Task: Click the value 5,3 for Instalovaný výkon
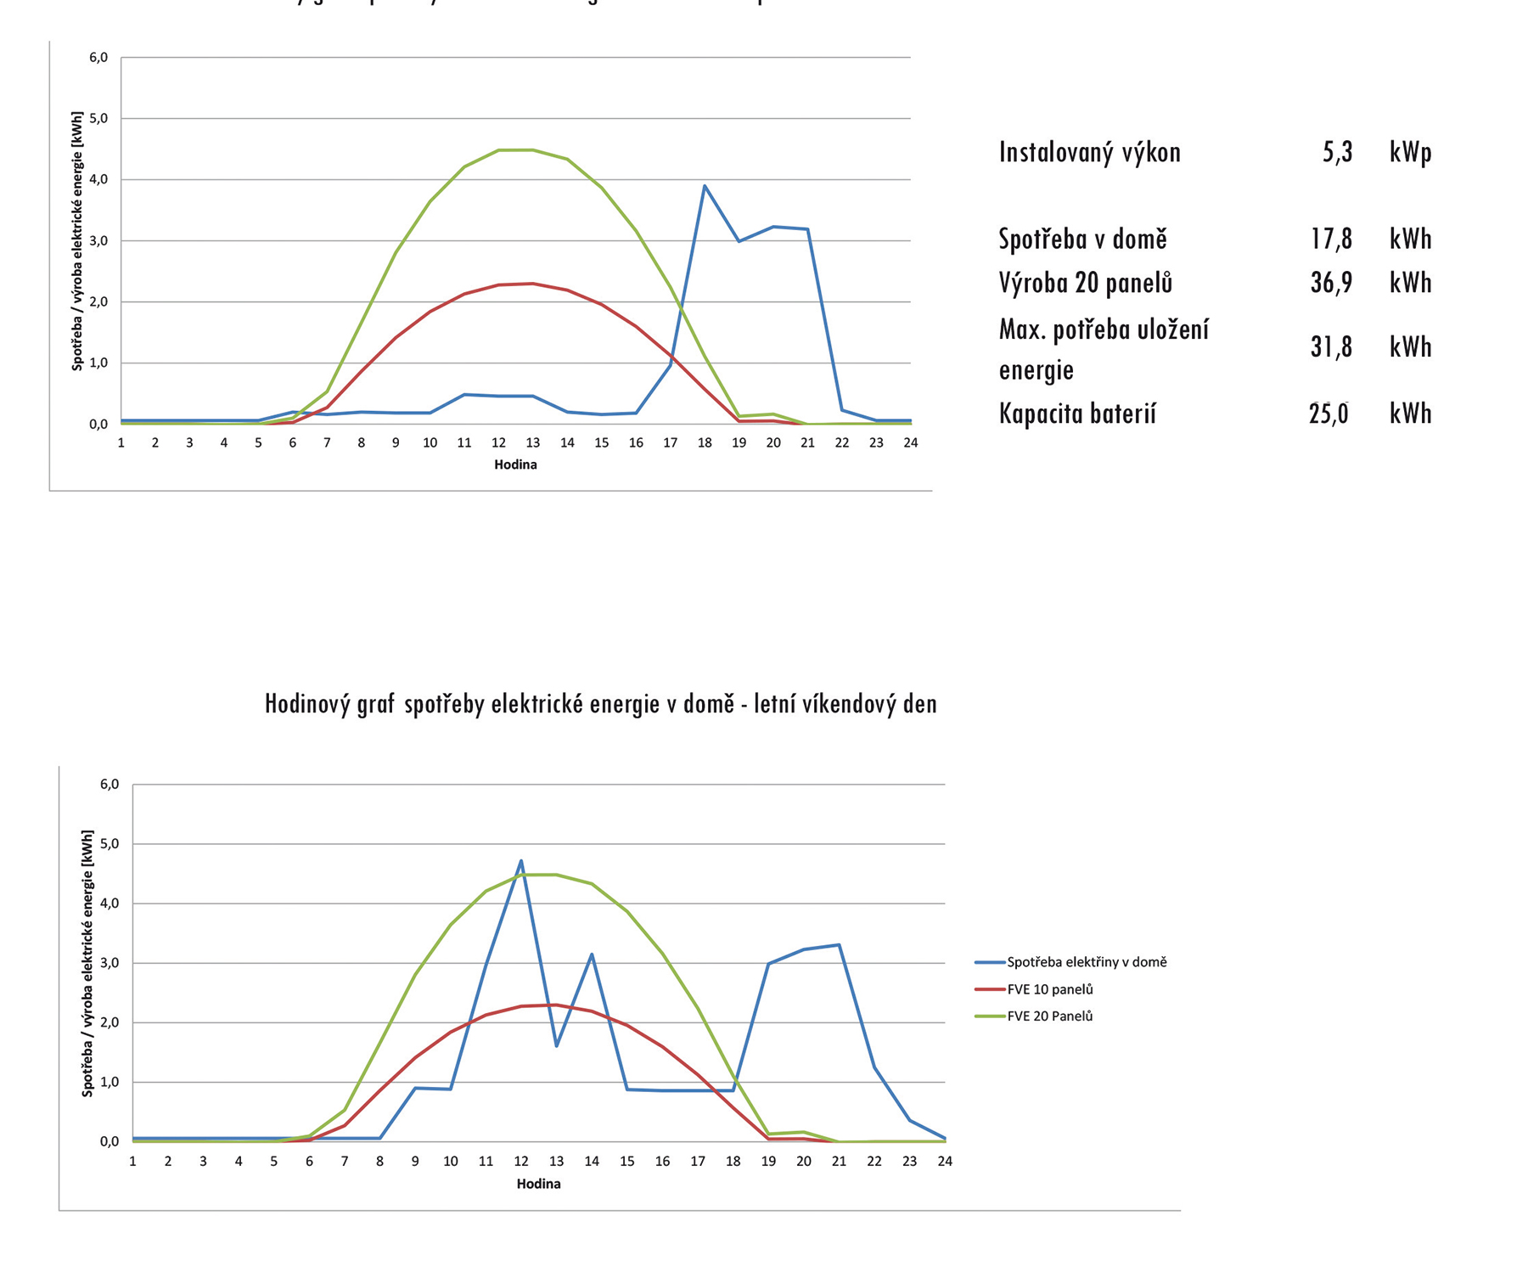click(1337, 153)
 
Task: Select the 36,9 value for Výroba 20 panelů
click(1331, 283)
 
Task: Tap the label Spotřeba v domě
click(1082, 239)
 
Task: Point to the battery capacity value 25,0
click(1329, 414)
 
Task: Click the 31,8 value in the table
click(1331, 347)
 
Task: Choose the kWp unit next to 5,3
click(1410, 153)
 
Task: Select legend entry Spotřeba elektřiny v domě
click(1086, 962)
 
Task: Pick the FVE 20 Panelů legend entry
click(1049, 1016)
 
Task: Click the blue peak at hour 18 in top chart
click(705, 186)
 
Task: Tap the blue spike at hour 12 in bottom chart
click(521, 861)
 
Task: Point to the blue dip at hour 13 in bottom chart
click(556, 1045)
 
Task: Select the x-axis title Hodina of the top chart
click(515, 464)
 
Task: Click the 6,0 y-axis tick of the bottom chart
click(110, 784)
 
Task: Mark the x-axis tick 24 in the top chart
click(910, 442)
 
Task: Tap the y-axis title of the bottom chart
click(87, 963)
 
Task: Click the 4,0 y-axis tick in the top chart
click(98, 179)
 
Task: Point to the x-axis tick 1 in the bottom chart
click(132, 1161)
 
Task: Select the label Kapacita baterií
click(1077, 414)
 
